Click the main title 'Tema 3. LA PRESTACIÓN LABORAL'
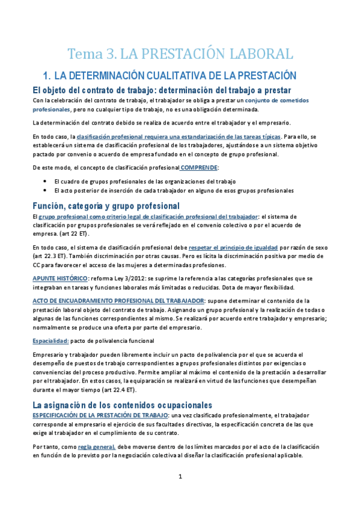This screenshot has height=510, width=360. [180, 54]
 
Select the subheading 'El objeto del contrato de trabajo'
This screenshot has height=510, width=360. [94, 90]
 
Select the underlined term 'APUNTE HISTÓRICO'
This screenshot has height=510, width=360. [59, 278]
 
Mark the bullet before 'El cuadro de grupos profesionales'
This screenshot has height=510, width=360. [46, 181]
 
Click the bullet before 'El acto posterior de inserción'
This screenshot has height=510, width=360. [46, 191]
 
